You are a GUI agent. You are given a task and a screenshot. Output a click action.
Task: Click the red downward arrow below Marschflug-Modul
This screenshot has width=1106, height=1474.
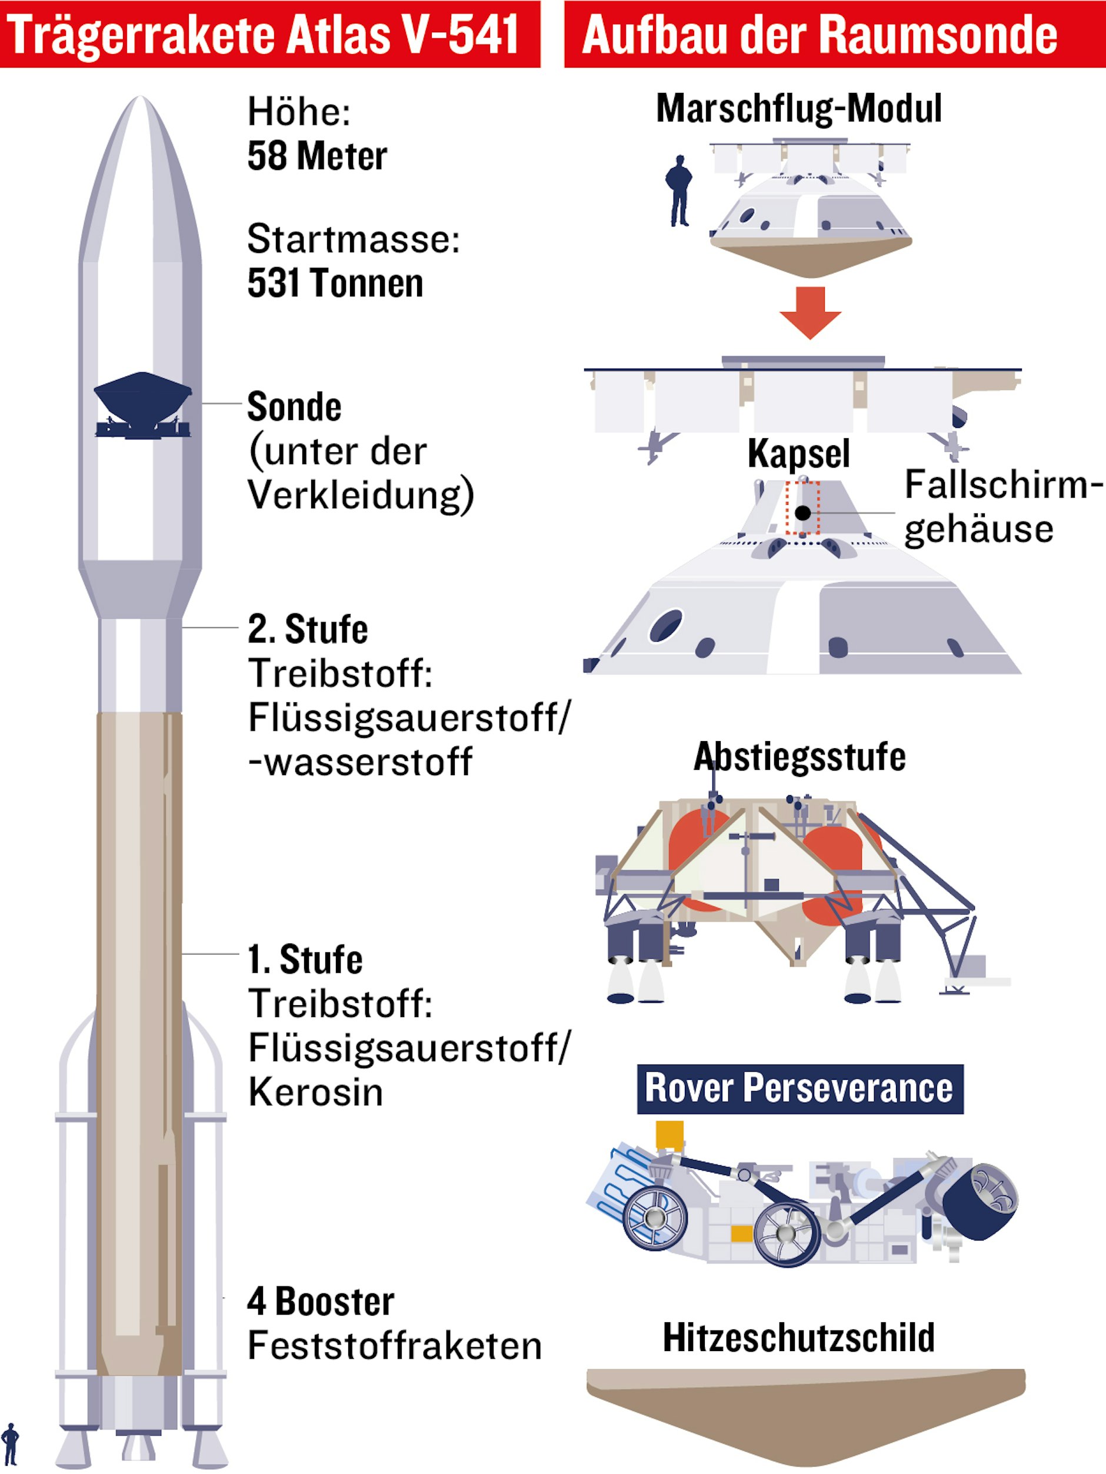point(810,312)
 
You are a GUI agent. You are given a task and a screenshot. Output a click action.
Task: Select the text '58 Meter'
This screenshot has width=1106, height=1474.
point(317,156)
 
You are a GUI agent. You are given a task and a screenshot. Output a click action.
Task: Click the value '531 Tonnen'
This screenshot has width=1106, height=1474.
point(335,282)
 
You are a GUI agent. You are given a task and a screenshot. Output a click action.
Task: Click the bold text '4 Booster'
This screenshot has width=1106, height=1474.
point(321,1302)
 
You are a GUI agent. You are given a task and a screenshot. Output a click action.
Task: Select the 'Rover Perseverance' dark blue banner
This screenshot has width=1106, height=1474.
point(800,1089)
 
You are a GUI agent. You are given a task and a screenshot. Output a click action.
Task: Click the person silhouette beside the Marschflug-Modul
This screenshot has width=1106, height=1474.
point(679,191)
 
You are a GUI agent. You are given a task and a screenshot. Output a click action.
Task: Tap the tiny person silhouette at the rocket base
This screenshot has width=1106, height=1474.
point(10,1444)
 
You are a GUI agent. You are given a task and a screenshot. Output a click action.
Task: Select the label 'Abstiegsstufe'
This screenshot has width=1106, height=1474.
point(799,757)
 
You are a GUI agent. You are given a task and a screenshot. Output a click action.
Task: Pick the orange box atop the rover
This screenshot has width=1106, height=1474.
point(669,1135)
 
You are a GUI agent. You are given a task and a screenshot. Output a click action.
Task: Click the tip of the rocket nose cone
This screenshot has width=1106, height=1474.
point(141,96)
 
